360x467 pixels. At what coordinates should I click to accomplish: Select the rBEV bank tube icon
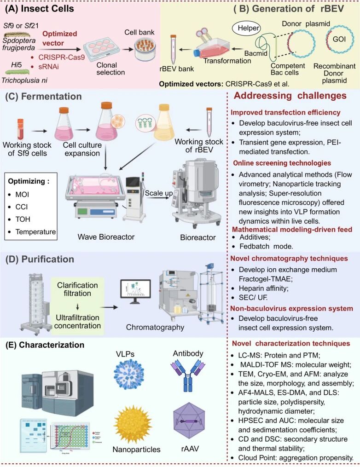pyautogui.click(x=173, y=48)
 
